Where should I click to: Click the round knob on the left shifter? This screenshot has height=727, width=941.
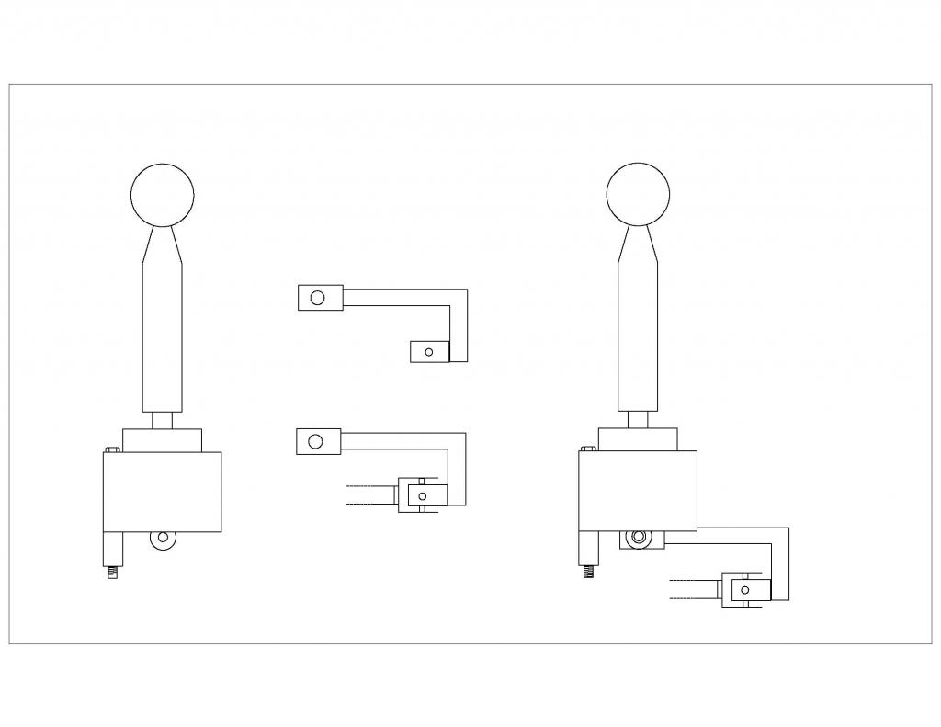click(163, 194)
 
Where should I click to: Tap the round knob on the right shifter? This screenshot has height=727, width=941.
click(639, 194)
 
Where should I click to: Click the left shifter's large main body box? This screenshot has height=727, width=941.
click(163, 492)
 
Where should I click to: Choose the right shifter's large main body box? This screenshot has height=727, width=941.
click(639, 492)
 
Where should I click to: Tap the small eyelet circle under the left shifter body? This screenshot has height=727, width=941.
click(165, 538)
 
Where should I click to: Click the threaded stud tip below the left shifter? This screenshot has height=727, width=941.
click(113, 574)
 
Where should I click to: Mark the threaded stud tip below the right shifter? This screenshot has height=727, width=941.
click(589, 574)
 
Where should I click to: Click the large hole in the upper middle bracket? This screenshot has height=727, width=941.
click(317, 298)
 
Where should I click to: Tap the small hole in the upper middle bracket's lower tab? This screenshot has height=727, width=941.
click(428, 350)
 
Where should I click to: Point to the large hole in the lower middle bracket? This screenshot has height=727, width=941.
click(315, 441)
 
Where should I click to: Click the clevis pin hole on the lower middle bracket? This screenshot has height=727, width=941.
click(422, 495)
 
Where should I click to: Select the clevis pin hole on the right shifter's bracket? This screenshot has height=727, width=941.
click(745, 588)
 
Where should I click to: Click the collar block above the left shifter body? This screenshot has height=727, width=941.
click(163, 439)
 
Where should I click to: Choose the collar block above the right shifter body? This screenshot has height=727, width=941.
click(639, 439)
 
